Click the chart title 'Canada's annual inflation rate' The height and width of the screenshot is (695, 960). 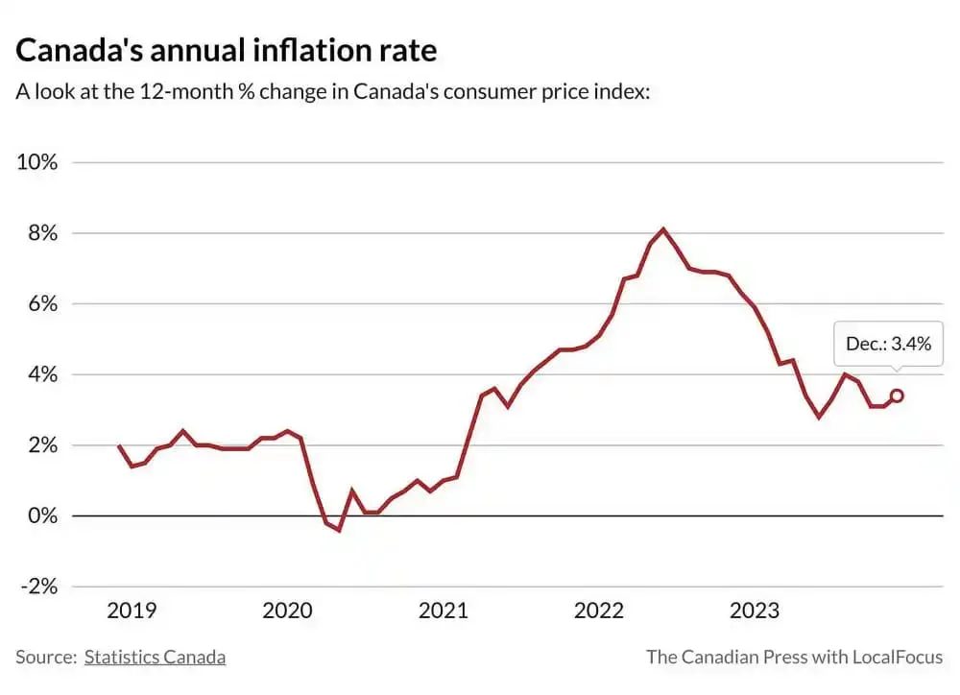(x=227, y=50)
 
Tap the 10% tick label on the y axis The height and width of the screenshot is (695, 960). (x=37, y=162)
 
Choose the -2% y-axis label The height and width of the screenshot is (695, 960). (x=38, y=587)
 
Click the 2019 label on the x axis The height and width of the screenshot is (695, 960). (x=132, y=611)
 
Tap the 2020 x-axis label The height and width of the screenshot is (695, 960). (x=287, y=611)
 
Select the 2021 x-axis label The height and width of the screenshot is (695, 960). (x=443, y=611)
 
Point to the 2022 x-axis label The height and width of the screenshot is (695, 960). (x=599, y=611)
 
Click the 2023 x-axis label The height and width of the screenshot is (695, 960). (x=755, y=611)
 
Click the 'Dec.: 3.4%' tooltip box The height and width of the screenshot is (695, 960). (x=888, y=344)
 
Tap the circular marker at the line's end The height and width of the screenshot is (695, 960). (x=897, y=395)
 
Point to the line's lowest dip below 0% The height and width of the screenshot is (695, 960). (x=339, y=530)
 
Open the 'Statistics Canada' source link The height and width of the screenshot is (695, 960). (x=155, y=658)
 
